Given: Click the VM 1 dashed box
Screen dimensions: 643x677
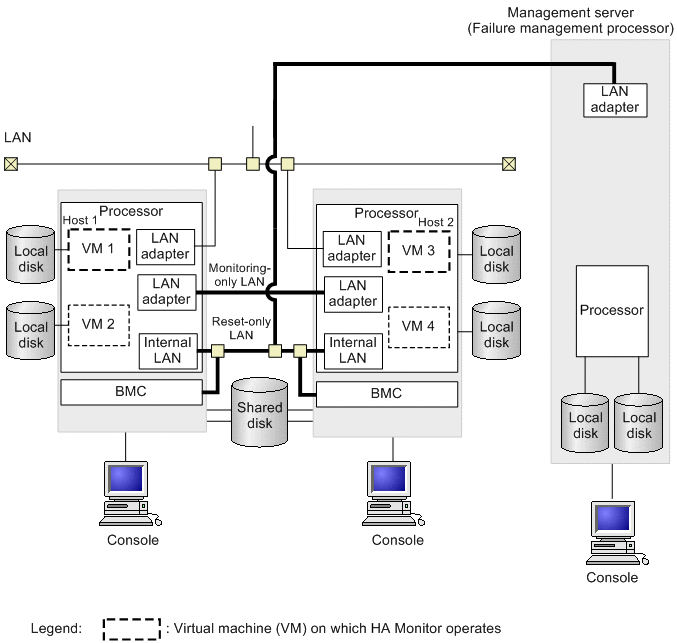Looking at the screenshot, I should tap(99, 249).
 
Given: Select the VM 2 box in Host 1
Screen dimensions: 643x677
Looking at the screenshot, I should tap(99, 325).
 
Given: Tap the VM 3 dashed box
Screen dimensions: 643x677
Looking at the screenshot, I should tap(419, 249).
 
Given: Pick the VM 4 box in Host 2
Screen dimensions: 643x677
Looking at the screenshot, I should tap(419, 326).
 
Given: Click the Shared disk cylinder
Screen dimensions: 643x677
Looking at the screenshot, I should tap(260, 409).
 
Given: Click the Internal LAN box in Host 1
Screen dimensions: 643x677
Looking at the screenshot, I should tap(166, 350).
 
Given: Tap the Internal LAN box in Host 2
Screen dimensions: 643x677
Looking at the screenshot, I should tap(353, 350).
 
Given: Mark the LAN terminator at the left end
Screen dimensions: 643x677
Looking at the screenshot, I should tap(11, 163).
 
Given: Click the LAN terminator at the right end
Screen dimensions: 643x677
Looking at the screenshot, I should tap(508, 163).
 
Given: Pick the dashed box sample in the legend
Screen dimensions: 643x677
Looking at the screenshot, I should tap(131, 629).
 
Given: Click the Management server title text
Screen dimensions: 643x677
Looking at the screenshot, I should tap(571, 20).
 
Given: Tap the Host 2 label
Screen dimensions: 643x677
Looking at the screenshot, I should tap(435, 221).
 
